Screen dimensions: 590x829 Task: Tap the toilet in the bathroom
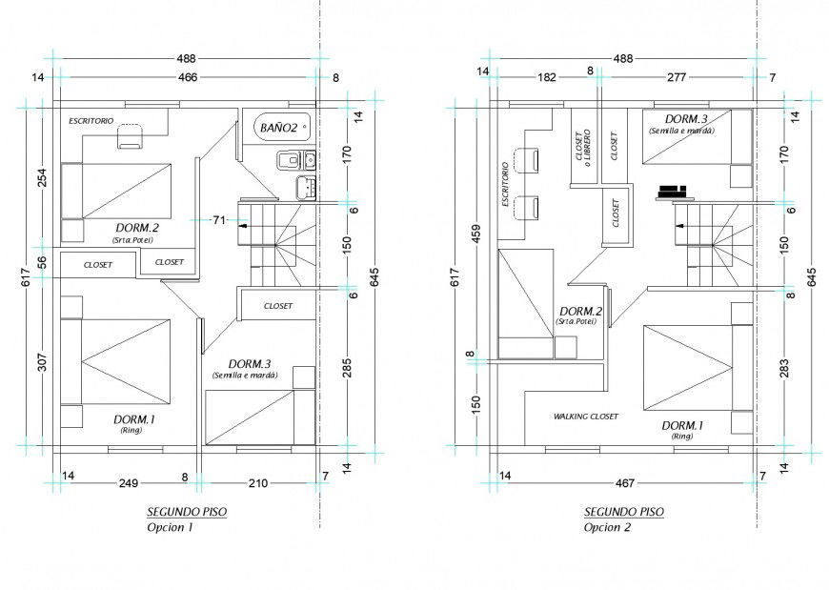point(289,159)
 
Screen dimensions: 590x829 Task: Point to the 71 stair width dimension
point(218,220)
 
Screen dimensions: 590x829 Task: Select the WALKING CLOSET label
point(585,417)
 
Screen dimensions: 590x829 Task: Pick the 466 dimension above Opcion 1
point(187,77)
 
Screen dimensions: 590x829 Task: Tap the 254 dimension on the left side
point(40,177)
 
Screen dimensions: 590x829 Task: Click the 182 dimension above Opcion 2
point(547,77)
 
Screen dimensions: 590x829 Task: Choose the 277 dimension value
point(677,77)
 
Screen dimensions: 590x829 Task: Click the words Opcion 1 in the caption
point(170,527)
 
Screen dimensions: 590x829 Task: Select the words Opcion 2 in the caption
point(607,527)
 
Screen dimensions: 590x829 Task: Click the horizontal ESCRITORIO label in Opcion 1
point(91,121)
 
